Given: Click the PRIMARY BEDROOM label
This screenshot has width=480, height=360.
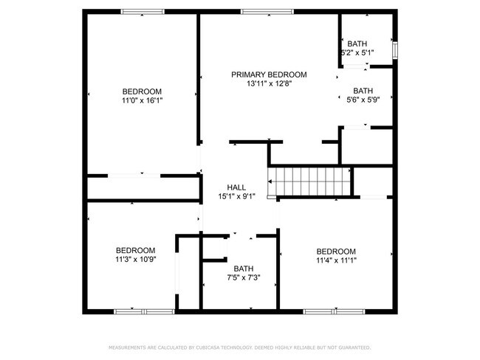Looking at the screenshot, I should click(269, 75).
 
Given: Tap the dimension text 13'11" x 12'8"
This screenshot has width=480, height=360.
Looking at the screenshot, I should click(269, 84).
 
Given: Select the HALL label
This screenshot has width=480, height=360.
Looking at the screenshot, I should click(236, 187).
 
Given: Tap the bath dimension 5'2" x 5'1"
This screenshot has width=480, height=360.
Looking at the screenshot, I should click(357, 53).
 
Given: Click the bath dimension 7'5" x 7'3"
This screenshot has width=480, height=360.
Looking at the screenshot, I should click(244, 278).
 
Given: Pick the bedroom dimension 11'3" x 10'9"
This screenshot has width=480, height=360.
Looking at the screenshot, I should click(135, 260).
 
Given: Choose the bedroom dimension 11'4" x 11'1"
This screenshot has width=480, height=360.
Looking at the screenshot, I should click(336, 260).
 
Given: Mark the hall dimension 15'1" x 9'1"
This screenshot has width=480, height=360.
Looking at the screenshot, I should click(236, 197).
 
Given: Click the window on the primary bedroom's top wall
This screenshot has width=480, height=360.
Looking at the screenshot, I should click(256, 11).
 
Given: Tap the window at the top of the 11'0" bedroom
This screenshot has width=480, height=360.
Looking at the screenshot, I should click(143, 11).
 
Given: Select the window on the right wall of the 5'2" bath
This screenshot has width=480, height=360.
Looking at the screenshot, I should click(395, 50).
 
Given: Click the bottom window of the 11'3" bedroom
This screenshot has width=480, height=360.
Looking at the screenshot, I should click(143, 311).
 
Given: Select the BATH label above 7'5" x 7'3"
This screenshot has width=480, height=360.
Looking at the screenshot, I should click(244, 269).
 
